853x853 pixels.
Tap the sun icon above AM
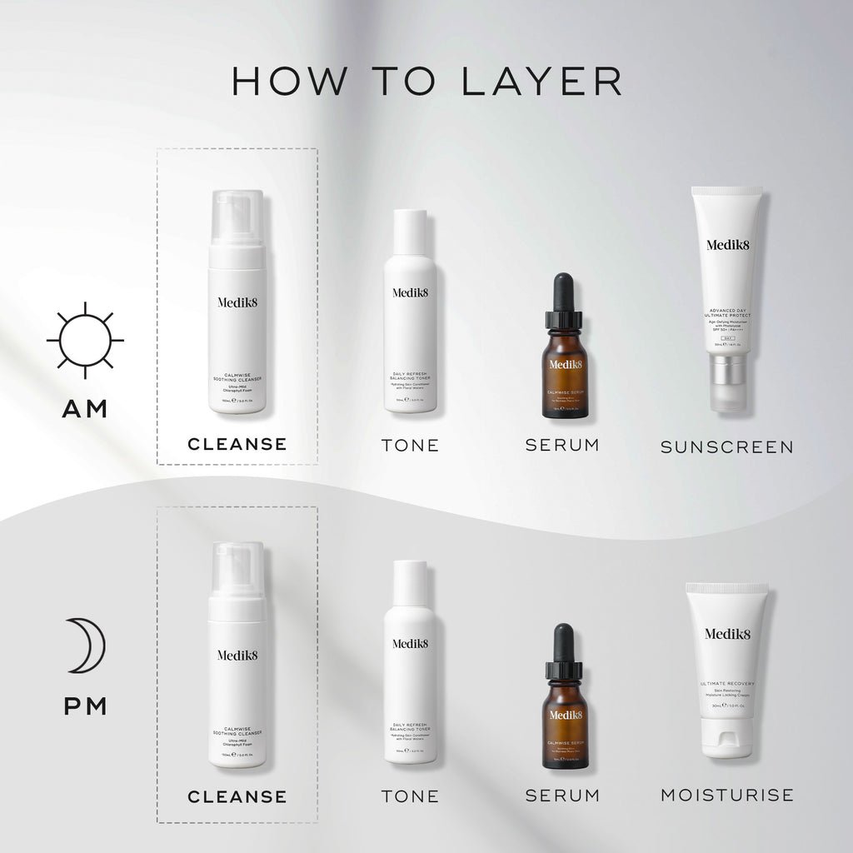tap(85, 340)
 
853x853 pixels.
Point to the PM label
tap(85, 706)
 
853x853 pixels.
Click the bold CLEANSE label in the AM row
tap(237, 444)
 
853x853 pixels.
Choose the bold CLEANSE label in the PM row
tap(237, 796)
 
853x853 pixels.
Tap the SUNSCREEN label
tap(726, 446)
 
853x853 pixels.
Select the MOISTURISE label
tap(726, 795)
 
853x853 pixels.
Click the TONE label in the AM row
tap(410, 445)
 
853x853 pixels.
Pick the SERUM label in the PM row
tap(562, 796)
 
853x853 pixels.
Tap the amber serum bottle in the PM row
tap(564, 725)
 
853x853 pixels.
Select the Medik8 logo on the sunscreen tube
tap(727, 244)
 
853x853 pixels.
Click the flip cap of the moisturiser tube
tap(726, 737)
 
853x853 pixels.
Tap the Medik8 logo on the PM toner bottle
tap(410, 643)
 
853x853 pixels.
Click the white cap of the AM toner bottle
tap(410, 232)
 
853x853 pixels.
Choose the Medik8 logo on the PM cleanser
tap(237, 655)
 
